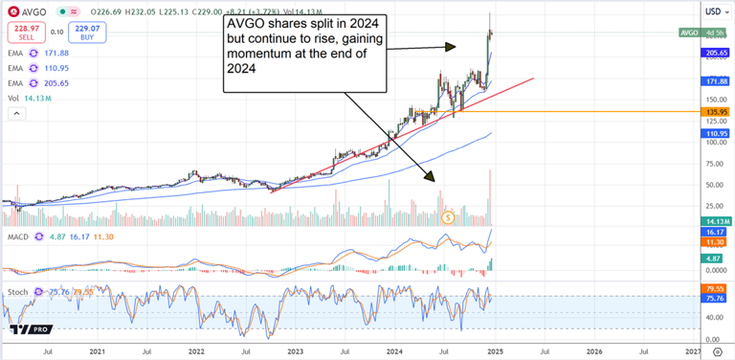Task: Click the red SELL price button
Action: [23, 32]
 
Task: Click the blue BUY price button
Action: [85, 32]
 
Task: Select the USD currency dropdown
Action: [713, 11]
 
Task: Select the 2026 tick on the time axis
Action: [594, 352]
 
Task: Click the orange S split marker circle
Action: [448, 218]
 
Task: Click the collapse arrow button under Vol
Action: [16, 114]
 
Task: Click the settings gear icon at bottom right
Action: [714, 352]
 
